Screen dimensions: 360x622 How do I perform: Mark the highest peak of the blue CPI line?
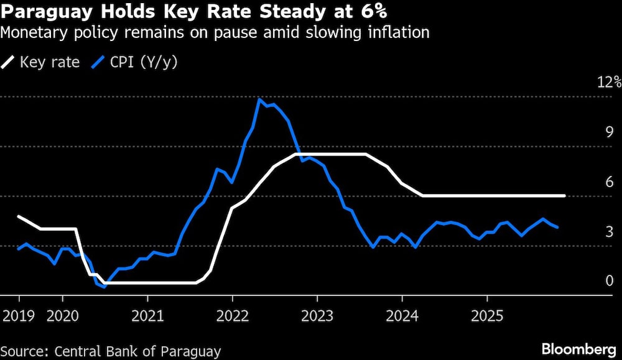point(259,99)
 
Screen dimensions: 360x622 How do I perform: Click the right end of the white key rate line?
point(564,196)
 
